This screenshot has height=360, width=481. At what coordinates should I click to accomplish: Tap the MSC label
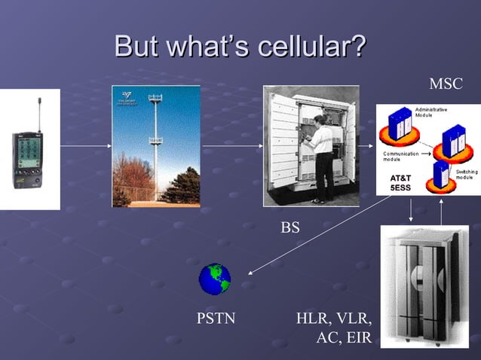pyautogui.click(x=446, y=84)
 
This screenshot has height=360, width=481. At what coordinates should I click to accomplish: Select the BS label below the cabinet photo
pyautogui.click(x=290, y=226)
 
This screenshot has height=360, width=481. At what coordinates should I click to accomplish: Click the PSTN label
pyautogui.click(x=216, y=319)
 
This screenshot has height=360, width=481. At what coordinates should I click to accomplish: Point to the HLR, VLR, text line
pyautogui.click(x=334, y=319)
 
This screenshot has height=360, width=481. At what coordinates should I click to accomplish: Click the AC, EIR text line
pyautogui.click(x=344, y=337)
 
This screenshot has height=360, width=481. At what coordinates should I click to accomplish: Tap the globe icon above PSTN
pyautogui.click(x=215, y=279)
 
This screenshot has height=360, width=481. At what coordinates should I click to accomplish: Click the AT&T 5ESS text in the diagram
pyautogui.click(x=400, y=182)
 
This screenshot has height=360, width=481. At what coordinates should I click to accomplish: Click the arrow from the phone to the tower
pyautogui.click(x=86, y=145)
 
